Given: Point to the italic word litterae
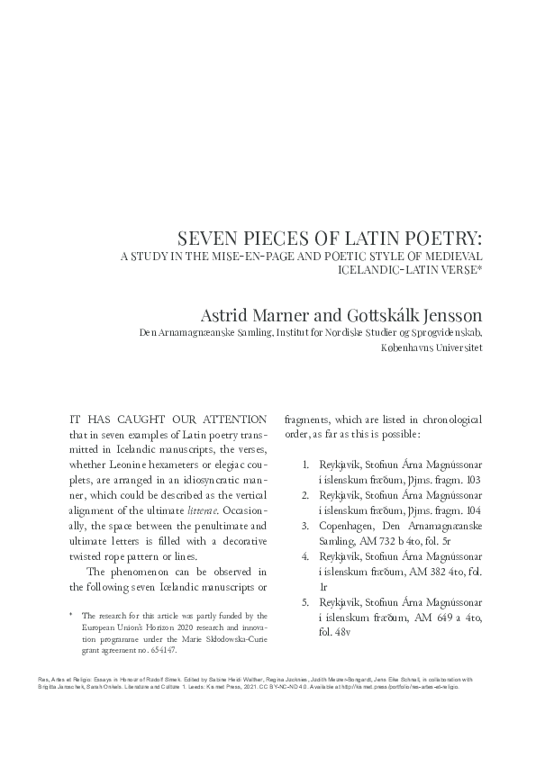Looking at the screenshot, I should pyautogui.click(x=231, y=510).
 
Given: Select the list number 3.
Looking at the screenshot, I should pyautogui.click(x=304, y=524).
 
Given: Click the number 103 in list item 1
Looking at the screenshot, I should pyautogui.click(x=469, y=480).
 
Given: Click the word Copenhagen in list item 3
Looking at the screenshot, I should pyautogui.click(x=346, y=524).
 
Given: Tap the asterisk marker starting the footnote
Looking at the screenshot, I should pyautogui.click(x=69, y=614).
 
